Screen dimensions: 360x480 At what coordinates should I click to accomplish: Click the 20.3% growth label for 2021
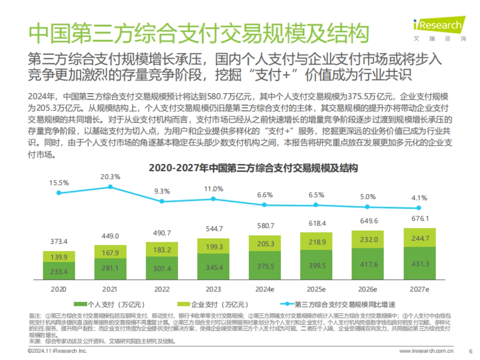(x=110, y=176)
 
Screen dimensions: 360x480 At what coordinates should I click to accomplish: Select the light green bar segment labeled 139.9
(x=59, y=257)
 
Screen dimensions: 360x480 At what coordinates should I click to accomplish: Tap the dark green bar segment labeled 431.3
(x=420, y=264)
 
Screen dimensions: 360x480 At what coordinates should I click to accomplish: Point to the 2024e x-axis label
(x=264, y=289)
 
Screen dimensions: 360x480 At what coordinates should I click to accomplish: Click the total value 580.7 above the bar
(x=264, y=226)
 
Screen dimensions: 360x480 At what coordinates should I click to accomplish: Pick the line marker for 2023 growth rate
(x=213, y=199)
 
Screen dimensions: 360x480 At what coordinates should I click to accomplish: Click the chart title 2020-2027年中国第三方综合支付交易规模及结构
(x=252, y=168)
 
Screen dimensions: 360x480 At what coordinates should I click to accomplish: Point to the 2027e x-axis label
(x=420, y=289)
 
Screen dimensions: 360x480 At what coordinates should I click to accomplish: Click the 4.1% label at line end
(x=419, y=198)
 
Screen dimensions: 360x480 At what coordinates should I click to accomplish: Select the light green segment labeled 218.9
(x=316, y=242)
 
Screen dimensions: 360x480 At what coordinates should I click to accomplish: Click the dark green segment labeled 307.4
(x=162, y=268)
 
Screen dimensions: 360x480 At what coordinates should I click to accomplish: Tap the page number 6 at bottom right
(x=470, y=351)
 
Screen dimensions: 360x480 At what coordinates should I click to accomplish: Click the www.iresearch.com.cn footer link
(x=426, y=351)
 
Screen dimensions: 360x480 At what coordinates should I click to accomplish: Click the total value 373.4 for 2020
(x=59, y=242)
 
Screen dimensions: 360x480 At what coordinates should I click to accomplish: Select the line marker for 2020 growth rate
(x=59, y=193)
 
